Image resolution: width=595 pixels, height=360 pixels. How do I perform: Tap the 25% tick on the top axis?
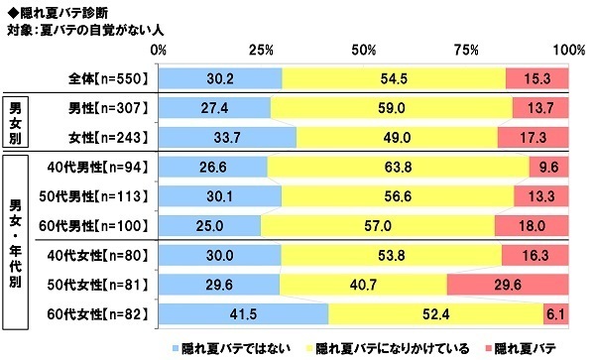(262, 50)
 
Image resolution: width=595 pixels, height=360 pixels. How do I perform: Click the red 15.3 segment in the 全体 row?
(536, 77)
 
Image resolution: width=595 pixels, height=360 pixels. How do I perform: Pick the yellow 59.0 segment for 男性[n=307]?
(391, 108)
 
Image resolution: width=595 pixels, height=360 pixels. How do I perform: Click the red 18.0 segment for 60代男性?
(531, 226)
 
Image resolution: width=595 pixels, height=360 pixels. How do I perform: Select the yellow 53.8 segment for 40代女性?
(391, 256)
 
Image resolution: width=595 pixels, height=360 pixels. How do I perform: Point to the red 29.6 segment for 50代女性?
(507, 286)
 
